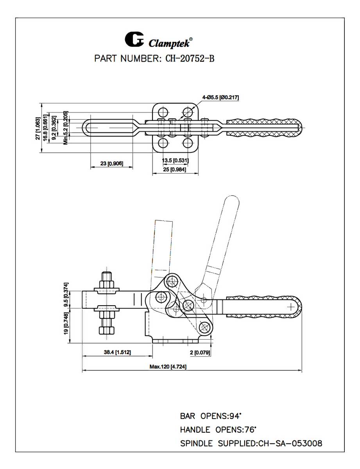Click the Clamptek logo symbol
(x=134, y=39)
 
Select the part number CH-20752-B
(x=190, y=59)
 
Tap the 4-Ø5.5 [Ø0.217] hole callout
(x=220, y=98)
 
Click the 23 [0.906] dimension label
(x=111, y=163)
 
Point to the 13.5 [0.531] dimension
(x=175, y=160)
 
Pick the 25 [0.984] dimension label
(x=174, y=170)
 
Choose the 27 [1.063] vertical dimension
(x=38, y=129)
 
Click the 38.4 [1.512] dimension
(x=117, y=352)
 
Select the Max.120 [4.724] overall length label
(x=168, y=367)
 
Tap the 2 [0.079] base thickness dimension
(x=200, y=353)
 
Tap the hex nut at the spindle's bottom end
(x=107, y=330)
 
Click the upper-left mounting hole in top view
(x=163, y=112)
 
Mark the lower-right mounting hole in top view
(x=188, y=143)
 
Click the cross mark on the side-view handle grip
(x=291, y=307)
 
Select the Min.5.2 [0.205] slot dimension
(x=66, y=128)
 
